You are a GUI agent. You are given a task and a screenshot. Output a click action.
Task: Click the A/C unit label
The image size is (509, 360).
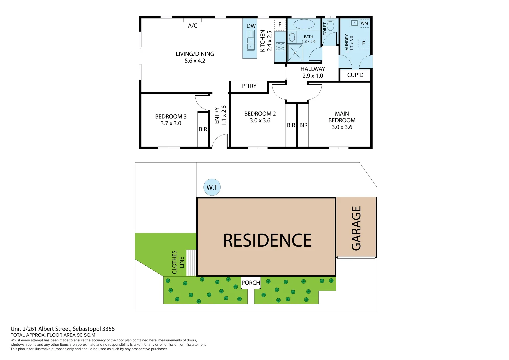(193, 26)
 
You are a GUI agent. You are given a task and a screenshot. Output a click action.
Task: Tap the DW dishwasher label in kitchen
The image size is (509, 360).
(251, 26)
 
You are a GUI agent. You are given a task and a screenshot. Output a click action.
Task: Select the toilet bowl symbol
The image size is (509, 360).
(330, 25)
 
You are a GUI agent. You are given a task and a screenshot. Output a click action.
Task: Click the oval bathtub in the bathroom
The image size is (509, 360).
(304, 24)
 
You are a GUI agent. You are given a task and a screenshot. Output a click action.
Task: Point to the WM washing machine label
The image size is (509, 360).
(364, 23)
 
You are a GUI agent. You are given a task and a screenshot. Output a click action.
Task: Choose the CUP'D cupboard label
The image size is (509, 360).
(355, 75)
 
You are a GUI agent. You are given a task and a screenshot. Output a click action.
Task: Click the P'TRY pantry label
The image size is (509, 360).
(249, 86)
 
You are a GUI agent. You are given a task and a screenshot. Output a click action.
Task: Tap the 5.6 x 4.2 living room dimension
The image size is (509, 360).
(195, 61)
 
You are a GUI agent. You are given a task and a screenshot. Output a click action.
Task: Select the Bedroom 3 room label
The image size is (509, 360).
(171, 116)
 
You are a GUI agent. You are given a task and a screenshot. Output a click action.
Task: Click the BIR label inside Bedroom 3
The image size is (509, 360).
(203, 129)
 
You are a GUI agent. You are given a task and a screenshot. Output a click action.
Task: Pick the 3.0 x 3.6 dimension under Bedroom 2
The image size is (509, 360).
(260, 120)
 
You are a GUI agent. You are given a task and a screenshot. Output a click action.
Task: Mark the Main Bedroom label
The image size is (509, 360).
(342, 117)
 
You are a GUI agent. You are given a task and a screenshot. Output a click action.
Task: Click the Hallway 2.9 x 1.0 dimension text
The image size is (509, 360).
(313, 76)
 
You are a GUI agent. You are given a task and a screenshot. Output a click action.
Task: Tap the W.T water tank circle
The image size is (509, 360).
(212, 187)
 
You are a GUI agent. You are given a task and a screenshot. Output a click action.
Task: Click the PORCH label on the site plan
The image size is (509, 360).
(251, 283)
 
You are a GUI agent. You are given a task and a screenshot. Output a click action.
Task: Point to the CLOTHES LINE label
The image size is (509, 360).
(178, 262)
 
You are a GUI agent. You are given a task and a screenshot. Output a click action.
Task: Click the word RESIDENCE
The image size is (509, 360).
(267, 240)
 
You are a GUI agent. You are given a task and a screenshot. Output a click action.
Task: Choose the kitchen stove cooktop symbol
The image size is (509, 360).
(281, 46)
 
